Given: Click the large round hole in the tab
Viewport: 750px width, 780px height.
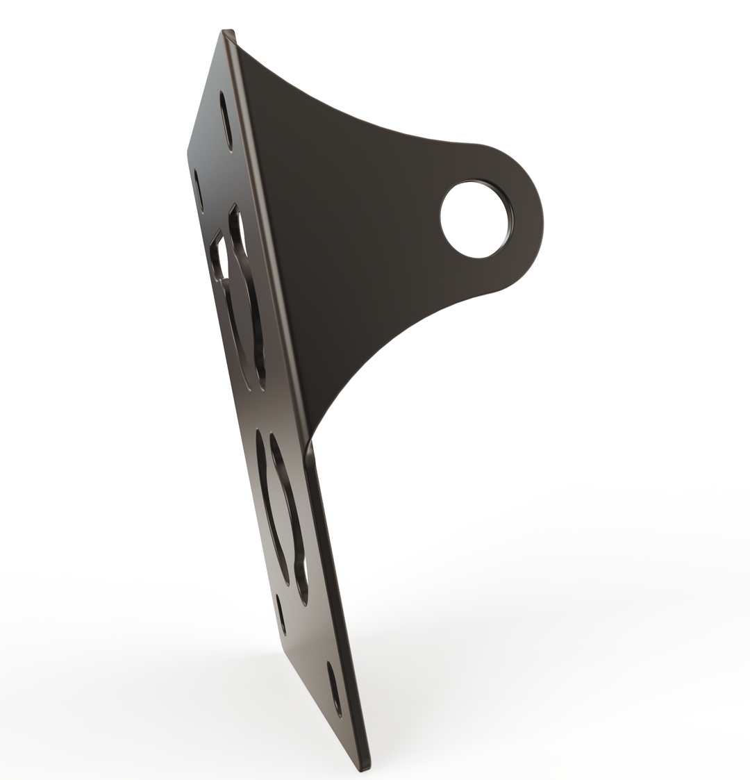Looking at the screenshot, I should [x=476, y=219].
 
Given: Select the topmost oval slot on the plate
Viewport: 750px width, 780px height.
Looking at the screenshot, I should [x=226, y=120].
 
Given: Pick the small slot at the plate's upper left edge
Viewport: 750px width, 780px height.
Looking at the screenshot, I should [x=199, y=190].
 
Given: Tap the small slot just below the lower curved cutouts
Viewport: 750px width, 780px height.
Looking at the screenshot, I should [x=281, y=614].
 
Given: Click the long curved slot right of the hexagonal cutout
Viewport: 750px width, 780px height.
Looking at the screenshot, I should [x=249, y=306].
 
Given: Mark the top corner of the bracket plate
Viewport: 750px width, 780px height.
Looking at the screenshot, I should [x=228, y=32].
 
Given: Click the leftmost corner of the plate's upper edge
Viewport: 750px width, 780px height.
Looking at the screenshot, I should [x=188, y=151].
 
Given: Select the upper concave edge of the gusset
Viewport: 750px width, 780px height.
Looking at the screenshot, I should [x=347, y=111].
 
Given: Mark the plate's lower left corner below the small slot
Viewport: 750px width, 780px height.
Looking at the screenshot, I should [x=285, y=646].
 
